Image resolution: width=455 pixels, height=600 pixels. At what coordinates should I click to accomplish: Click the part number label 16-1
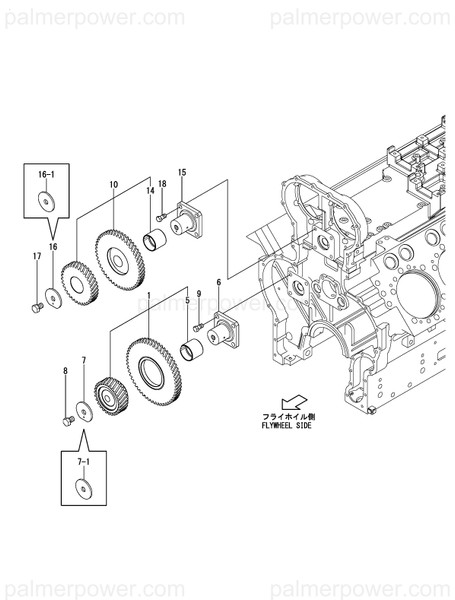(x=47, y=174)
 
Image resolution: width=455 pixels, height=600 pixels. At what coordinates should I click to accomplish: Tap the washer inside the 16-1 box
(x=47, y=200)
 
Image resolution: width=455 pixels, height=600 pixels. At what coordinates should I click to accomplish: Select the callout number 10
(x=114, y=184)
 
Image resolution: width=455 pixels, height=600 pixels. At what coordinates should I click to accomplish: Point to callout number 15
(x=182, y=173)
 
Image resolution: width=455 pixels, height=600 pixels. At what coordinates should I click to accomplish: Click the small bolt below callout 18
(x=160, y=217)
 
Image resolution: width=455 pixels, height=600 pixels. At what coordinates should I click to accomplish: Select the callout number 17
(x=37, y=257)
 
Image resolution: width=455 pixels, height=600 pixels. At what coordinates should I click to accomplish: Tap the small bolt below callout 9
(x=198, y=327)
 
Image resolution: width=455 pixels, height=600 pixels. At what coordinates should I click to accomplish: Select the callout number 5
(x=185, y=301)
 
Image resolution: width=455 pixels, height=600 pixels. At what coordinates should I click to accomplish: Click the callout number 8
(x=66, y=371)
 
